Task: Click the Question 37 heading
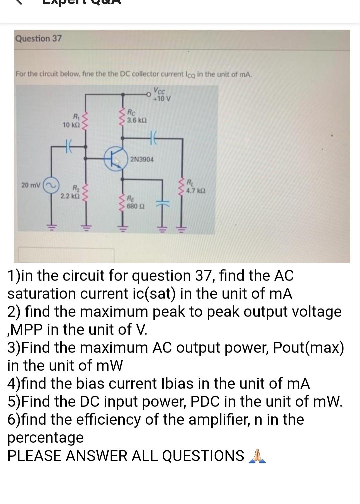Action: [x=39, y=38]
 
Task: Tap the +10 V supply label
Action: [x=162, y=99]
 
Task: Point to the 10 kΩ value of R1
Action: [x=70, y=125]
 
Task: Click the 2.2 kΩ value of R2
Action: [x=69, y=196]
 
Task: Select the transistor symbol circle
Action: [x=115, y=160]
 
